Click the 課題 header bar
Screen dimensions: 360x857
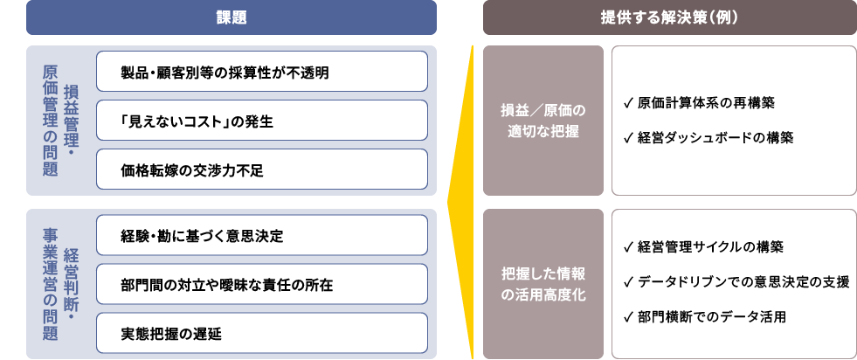pyautogui.click(x=232, y=17)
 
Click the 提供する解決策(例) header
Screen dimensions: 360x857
pyautogui.click(x=669, y=17)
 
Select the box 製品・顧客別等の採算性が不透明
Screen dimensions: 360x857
pyautogui.click(x=262, y=72)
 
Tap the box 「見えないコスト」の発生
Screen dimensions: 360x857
pyautogui.click(x=262, y=121)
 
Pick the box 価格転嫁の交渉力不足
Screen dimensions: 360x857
pyautogui.click(x=262, y=170)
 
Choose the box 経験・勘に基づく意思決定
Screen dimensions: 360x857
pyautogui.click(x=262, y=236)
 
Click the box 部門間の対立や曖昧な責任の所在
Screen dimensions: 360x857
pyautogui.click(x=262, y=285)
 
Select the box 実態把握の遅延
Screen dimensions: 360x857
pyautogui.click(x=262, y=334)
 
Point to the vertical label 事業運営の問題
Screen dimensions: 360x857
pyautogui.click(x=50, y=284)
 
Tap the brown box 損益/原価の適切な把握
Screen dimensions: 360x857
pyautogui.click(x=543, y=121)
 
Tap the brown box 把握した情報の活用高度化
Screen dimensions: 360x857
pyautogui.click(x=543, y=284)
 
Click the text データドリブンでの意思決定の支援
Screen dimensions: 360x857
pyautogui.click(x=743, y=281)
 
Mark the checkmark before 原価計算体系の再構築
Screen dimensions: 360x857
pyautogui.click(x=629, y=103)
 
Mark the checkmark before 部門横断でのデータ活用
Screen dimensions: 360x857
pyautogui.click(x=629, y=316)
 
